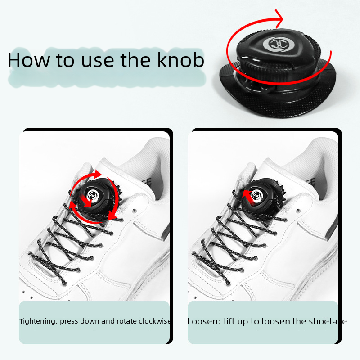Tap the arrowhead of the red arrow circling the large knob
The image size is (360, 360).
(x=279, y=19)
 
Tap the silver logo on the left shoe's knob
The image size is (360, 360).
(x=93, y=195)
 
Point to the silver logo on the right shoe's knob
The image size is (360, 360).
(x=256, y=195)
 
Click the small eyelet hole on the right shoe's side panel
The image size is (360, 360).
(x=298, y=211)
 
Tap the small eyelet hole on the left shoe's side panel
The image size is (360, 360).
(x=134, y=211)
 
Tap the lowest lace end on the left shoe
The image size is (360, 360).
(x=64, y=283)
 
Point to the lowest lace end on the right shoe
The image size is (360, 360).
(x=228, y=283)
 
